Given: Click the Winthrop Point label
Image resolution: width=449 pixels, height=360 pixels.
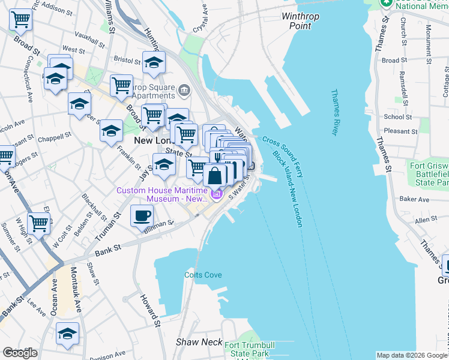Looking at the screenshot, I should (x=300, y=21).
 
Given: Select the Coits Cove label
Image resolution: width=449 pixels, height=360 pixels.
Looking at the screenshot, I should (x=203, y=275).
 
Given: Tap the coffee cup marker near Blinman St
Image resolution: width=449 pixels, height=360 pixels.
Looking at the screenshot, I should (x=142, y=216).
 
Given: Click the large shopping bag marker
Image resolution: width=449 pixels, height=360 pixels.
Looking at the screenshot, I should (x=215, y=176).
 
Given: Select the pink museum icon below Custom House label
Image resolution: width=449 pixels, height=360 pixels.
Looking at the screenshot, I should (x=217, y=194).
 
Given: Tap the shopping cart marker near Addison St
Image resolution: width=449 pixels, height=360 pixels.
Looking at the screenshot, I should (x=21, y=19).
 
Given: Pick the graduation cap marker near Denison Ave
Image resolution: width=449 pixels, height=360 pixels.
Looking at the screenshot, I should (x=67, y=334).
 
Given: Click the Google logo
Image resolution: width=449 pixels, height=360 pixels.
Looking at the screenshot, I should (x=20, y=353).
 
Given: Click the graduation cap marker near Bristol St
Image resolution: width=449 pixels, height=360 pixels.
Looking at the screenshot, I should (x=154, y=62).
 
